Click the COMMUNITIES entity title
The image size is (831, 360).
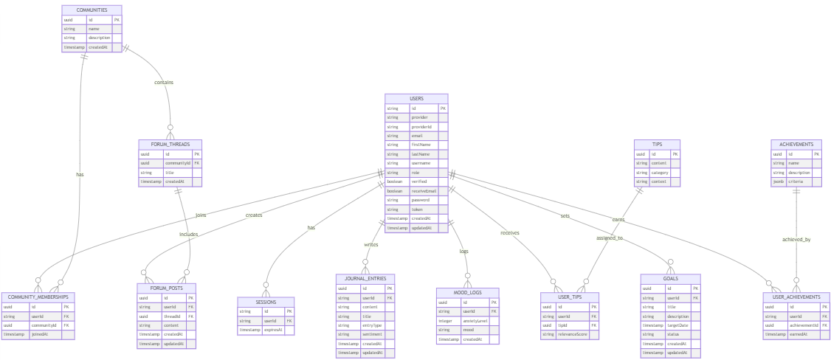click(92, 10)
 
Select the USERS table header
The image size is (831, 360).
click(416, 98)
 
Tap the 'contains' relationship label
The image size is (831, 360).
click(164, 82)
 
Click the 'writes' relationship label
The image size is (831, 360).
click(370, 244)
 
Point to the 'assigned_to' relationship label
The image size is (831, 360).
click(610, 238)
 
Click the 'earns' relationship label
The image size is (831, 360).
click(618, 219)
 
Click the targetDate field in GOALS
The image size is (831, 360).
click(680, 325)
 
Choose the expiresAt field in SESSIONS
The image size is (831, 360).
click(275, 330)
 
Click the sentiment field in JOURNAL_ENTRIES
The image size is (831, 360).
click(372, 334)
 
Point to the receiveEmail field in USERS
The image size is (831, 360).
click(424, 190)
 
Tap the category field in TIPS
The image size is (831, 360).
click(659, 172)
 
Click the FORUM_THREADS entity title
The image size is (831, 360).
click(170, 144)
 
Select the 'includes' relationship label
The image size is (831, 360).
click(188, 234)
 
